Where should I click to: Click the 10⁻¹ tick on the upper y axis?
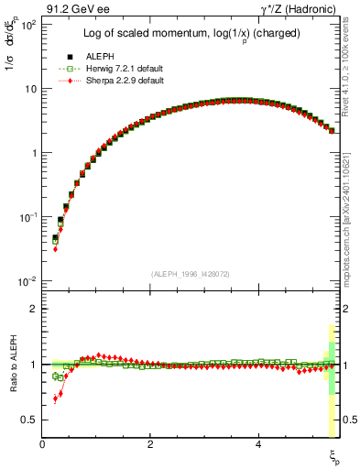(27, 217)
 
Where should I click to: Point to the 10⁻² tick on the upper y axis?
(27, 281)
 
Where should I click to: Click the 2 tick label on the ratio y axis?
(35, 309)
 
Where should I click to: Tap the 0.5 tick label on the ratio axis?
(30, 420)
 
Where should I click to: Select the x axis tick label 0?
(43, 443)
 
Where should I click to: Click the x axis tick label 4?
(259, 443)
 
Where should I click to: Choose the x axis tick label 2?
(151, 443)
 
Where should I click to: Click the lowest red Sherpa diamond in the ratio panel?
(55, 399)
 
